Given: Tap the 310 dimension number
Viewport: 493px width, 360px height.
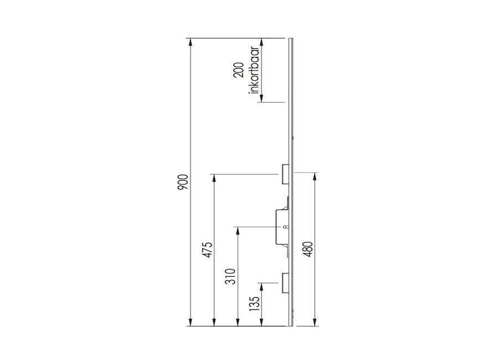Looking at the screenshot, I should (x=231, y=275).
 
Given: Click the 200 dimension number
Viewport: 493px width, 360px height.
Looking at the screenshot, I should (x=239, y=70).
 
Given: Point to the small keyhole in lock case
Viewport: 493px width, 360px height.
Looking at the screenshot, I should (x=285, y=227).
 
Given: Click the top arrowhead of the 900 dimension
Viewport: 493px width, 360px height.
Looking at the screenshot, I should (x=190, y=40).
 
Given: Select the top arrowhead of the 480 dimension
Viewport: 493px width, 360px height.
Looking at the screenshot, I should (x=315, y=176).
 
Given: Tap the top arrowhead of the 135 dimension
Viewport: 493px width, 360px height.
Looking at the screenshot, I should (x=261, y=285).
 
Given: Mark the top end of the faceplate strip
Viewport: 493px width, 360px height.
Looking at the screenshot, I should (x=290, y=39).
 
